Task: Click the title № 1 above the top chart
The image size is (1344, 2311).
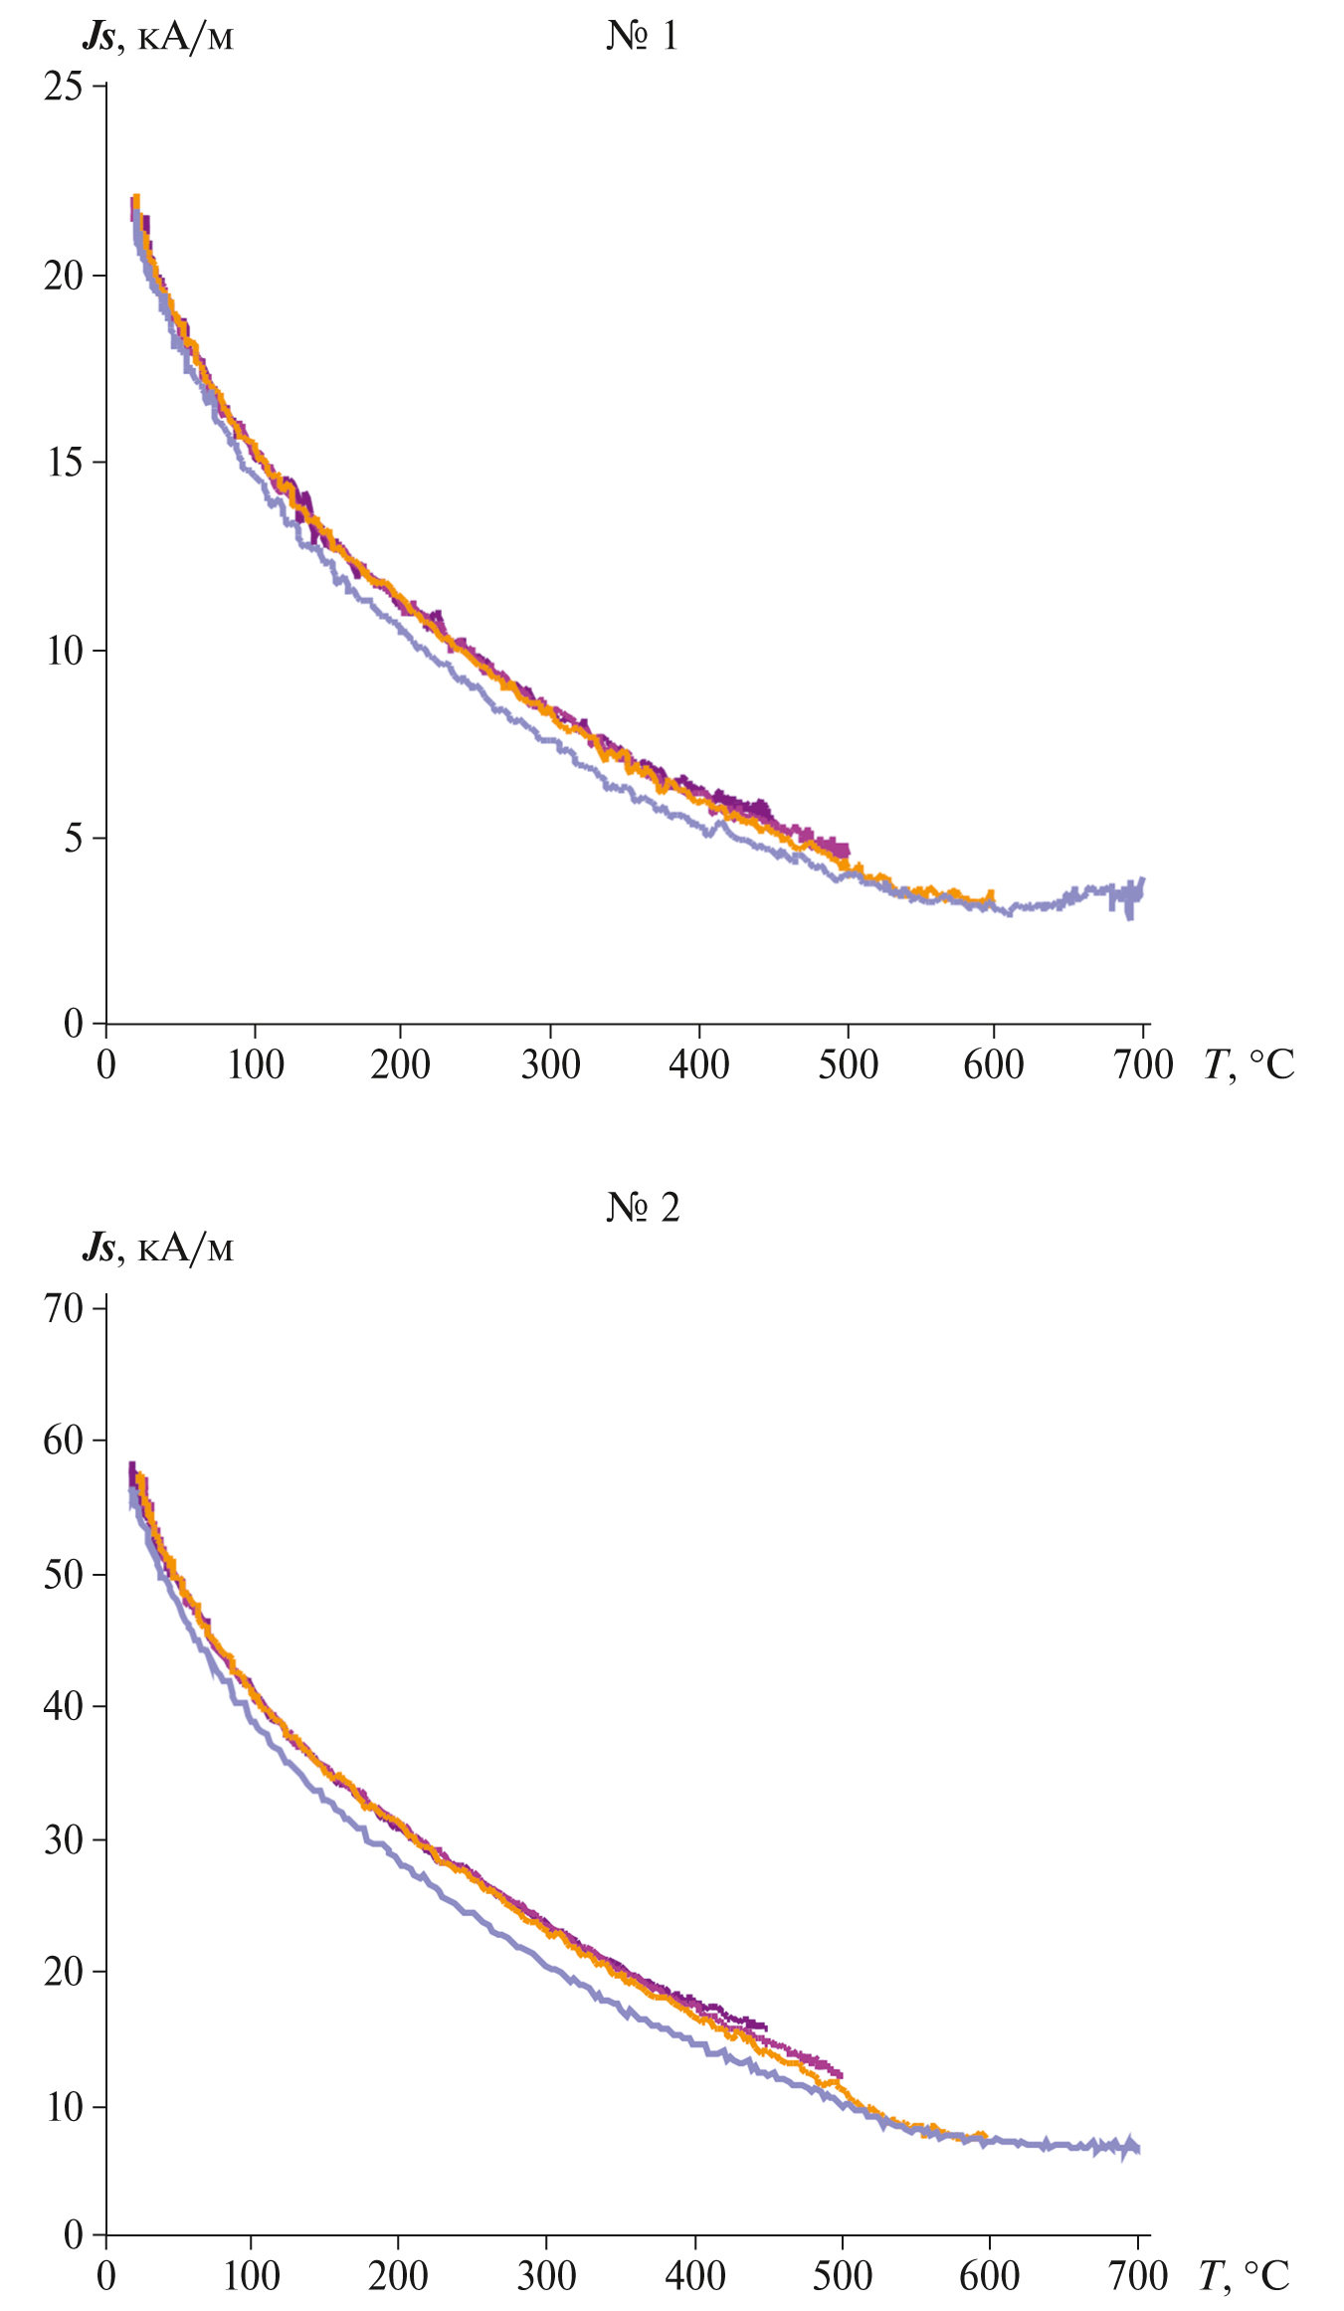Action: click(x=642, y=36)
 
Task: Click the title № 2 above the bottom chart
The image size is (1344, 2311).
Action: click(x=643, y=1208)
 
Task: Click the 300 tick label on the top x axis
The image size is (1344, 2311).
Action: click(x=550, y=1065)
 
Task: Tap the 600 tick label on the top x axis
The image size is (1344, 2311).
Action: click(x=993, y=1065)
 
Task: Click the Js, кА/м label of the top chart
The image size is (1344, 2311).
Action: click(x=157, y=37)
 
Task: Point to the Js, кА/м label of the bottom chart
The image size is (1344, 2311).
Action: click(x=157, y=1247)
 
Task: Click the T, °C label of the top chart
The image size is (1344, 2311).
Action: click(x=1248, y=1065)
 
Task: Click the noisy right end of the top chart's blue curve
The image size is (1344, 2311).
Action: click(x=1134, y=895)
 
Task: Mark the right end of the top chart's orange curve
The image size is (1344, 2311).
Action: click(x=990, y=898)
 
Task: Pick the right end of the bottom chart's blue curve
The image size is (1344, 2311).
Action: click(x=1136, y=2147)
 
